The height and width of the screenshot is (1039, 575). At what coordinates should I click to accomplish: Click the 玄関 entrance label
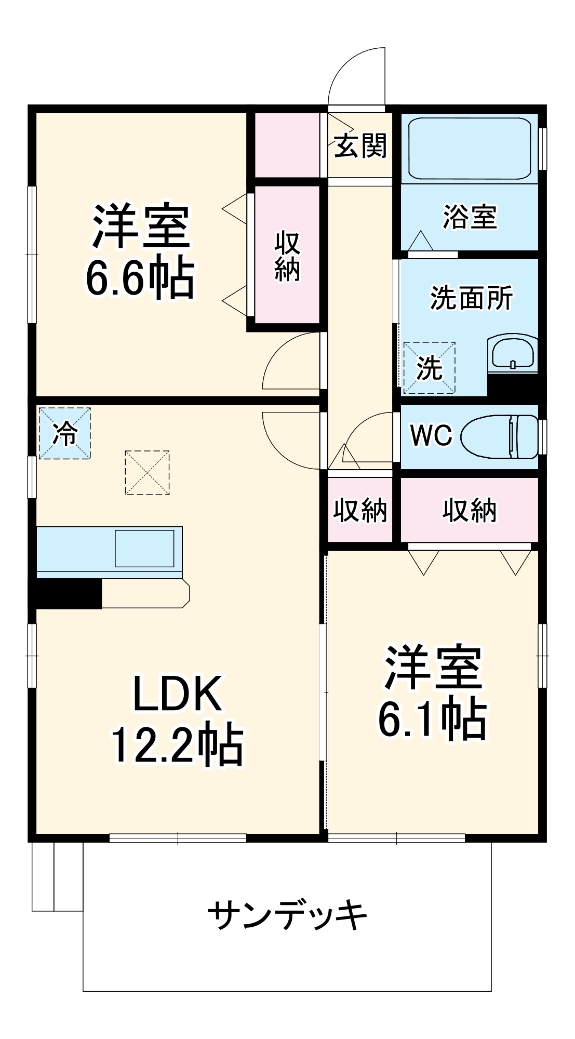(360, 146)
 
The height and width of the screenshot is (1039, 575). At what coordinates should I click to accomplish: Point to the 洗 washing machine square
(429, 368)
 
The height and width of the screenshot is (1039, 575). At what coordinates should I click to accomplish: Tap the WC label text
(431, 435)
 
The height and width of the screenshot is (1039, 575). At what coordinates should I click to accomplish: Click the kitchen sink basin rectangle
(144, 549)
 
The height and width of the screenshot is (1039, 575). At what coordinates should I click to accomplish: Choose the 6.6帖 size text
(140, 278)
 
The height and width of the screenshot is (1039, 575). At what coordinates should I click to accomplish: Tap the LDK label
(177, 694)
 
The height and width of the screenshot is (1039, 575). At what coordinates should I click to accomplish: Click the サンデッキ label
(287, 915)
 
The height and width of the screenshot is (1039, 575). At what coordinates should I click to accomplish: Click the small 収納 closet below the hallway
(360, 510)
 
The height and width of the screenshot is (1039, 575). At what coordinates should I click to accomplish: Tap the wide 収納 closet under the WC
(470, 510)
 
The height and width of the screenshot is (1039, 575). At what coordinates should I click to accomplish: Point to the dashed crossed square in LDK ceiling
(147, 473)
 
